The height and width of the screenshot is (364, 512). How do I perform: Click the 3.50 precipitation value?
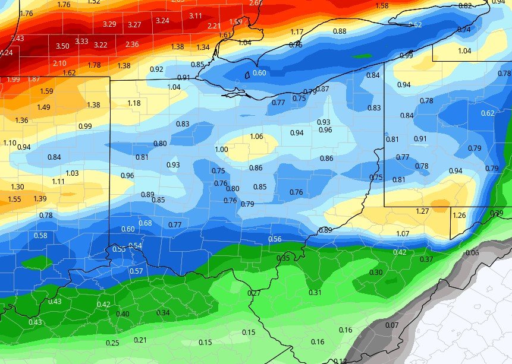click(62, 46)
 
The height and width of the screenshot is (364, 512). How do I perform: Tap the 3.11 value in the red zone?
click(195, 15)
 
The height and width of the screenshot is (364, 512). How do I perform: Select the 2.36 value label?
click(132, 45)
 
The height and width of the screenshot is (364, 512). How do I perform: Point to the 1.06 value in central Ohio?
click(256, 137)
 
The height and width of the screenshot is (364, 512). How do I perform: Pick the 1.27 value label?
click(422, 211)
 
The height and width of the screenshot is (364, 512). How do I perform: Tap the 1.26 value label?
click(459, 216)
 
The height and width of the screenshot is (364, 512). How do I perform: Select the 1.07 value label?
click(403, 234)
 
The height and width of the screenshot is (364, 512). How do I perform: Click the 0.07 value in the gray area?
click(391, 325)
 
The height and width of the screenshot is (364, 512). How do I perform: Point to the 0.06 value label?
click(472, 253)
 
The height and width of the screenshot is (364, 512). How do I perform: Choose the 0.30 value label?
click(376, 273)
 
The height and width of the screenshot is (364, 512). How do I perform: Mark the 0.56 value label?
click(275, 239)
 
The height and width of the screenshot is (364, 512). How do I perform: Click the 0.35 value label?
click(284, 258)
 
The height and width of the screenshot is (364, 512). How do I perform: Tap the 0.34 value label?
click(162, 313)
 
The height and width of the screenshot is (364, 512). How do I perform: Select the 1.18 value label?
click(134, 103)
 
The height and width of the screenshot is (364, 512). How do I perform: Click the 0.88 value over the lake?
click(340, 31)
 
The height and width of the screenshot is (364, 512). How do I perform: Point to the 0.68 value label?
click(145, 223)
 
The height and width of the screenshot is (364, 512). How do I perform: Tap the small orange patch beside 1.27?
click(440, 205)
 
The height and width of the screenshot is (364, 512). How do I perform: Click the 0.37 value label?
click(426, 259)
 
